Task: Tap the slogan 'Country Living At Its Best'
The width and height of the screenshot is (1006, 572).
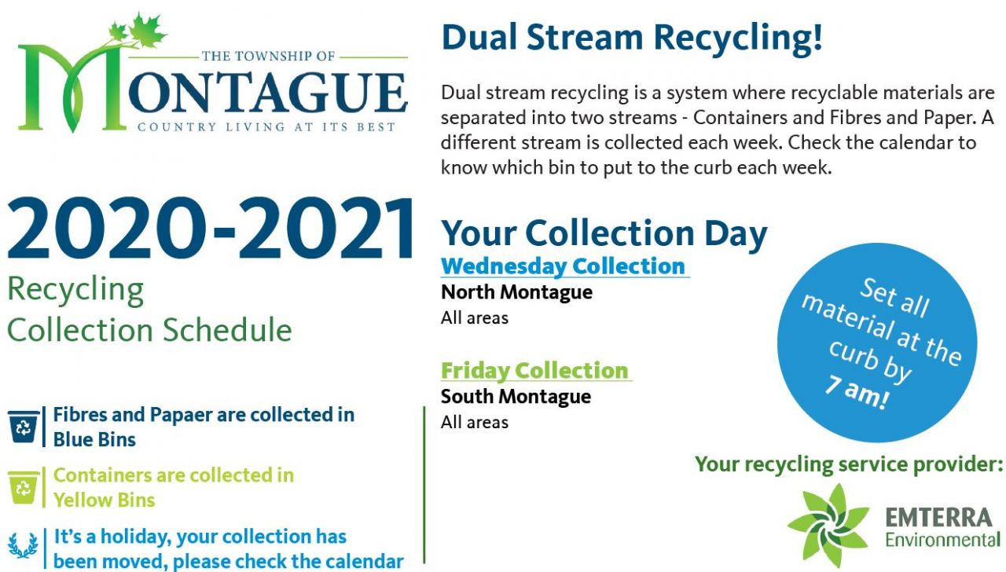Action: (x=266, y=127)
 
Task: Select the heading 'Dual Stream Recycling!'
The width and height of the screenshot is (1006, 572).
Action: (x=632, y=38)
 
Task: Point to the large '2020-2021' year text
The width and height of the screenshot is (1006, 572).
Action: (x=210, y=229)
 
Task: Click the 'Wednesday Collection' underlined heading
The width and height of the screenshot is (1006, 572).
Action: (x=564, y=266)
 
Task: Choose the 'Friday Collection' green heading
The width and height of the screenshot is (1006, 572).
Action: (x=534, y=370)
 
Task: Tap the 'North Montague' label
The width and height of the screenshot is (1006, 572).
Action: (x=516, y=292)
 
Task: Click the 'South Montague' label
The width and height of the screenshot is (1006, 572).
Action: (x=516, y=397)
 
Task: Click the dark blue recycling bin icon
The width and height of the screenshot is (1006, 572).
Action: (x=24, y=427)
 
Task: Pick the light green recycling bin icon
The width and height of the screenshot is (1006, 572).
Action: (x=24, y=487)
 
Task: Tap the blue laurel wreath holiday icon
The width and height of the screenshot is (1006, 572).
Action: (x=23, y=545)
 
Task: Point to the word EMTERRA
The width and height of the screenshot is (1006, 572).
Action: (x=938, y=518)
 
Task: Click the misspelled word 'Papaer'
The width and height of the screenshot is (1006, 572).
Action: (x=181, y=415)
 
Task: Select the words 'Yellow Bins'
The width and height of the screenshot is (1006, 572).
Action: (x=105, y=500)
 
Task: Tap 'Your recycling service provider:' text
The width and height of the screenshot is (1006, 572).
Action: (x=849, y=464)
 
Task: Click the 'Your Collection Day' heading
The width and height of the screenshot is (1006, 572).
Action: (x=604, y=233)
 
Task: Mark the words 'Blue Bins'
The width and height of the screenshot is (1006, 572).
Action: (x=94, y=439)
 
